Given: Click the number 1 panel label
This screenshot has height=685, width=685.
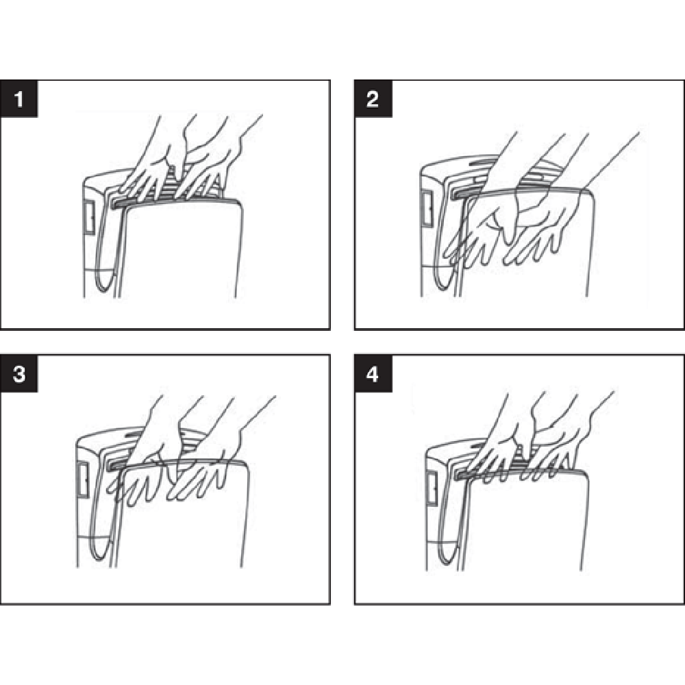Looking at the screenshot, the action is [18, 99].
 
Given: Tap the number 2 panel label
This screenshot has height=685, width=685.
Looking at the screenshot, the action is [373, 99].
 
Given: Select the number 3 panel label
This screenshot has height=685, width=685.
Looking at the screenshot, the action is [18, 374].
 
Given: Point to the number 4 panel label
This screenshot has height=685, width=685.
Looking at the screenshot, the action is [373, 374].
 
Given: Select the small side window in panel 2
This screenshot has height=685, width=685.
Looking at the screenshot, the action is [427, 208].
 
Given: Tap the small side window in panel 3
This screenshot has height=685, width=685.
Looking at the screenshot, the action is [83, 480].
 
